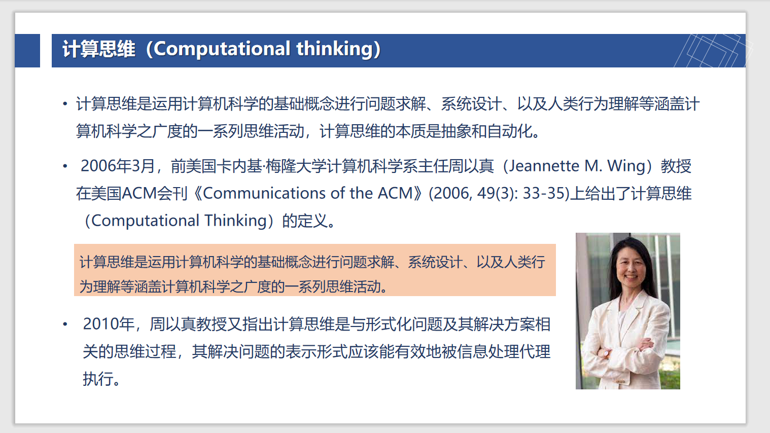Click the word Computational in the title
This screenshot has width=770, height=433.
222,49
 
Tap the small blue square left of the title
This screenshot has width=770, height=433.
27,51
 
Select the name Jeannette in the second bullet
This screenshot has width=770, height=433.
544,166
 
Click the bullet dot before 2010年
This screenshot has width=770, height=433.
65,324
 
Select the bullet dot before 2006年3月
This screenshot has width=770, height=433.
65,166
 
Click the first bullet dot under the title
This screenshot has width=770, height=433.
65,104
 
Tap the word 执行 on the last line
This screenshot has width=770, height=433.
98,379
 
